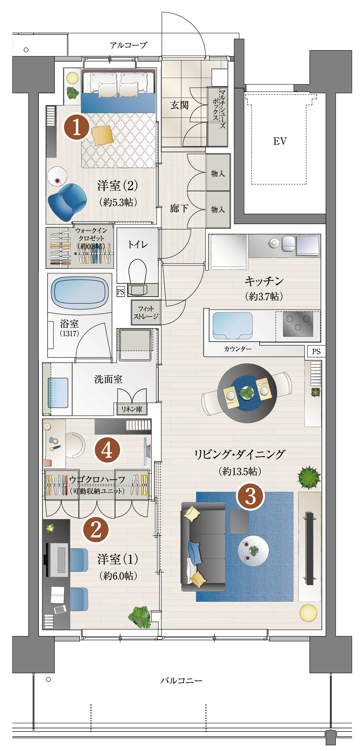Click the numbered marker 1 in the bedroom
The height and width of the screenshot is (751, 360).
76,127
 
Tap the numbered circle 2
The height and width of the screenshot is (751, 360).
96,530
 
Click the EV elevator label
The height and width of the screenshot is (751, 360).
280,141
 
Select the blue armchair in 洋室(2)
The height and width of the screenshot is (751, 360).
67,202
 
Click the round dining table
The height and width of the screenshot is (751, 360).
247,393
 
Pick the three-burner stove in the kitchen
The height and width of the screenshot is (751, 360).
298,324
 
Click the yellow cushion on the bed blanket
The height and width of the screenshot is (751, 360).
103,135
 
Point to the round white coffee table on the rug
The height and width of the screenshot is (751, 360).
253,551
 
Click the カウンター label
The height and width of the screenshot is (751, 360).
238,349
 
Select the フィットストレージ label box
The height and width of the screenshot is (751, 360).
146,313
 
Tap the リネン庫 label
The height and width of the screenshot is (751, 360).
132,409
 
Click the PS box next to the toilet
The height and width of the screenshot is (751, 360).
120,291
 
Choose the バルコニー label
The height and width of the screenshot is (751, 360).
181,680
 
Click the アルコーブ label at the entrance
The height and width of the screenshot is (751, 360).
129,45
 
